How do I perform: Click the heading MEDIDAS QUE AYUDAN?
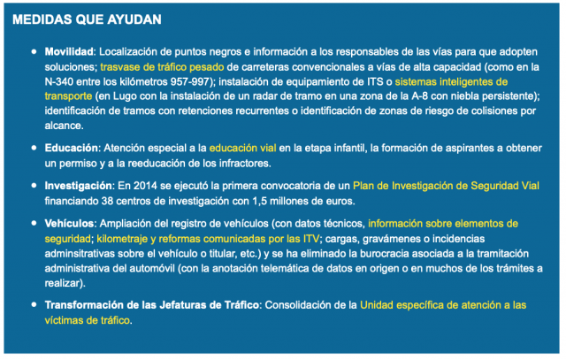(x=88, y=19)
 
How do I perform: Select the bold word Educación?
(x=71, y=149)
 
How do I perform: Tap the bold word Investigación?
(x=78, y=187)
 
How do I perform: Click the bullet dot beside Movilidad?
(x=34, y=53)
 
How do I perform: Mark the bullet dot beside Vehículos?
(x=34, y=225)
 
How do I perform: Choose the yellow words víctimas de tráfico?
(x=87, y=320)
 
